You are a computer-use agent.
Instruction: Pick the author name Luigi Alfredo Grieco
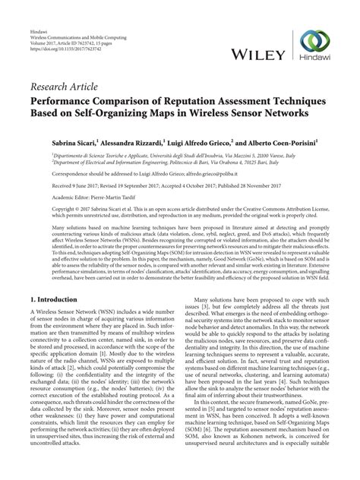(x=204, y=142)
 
